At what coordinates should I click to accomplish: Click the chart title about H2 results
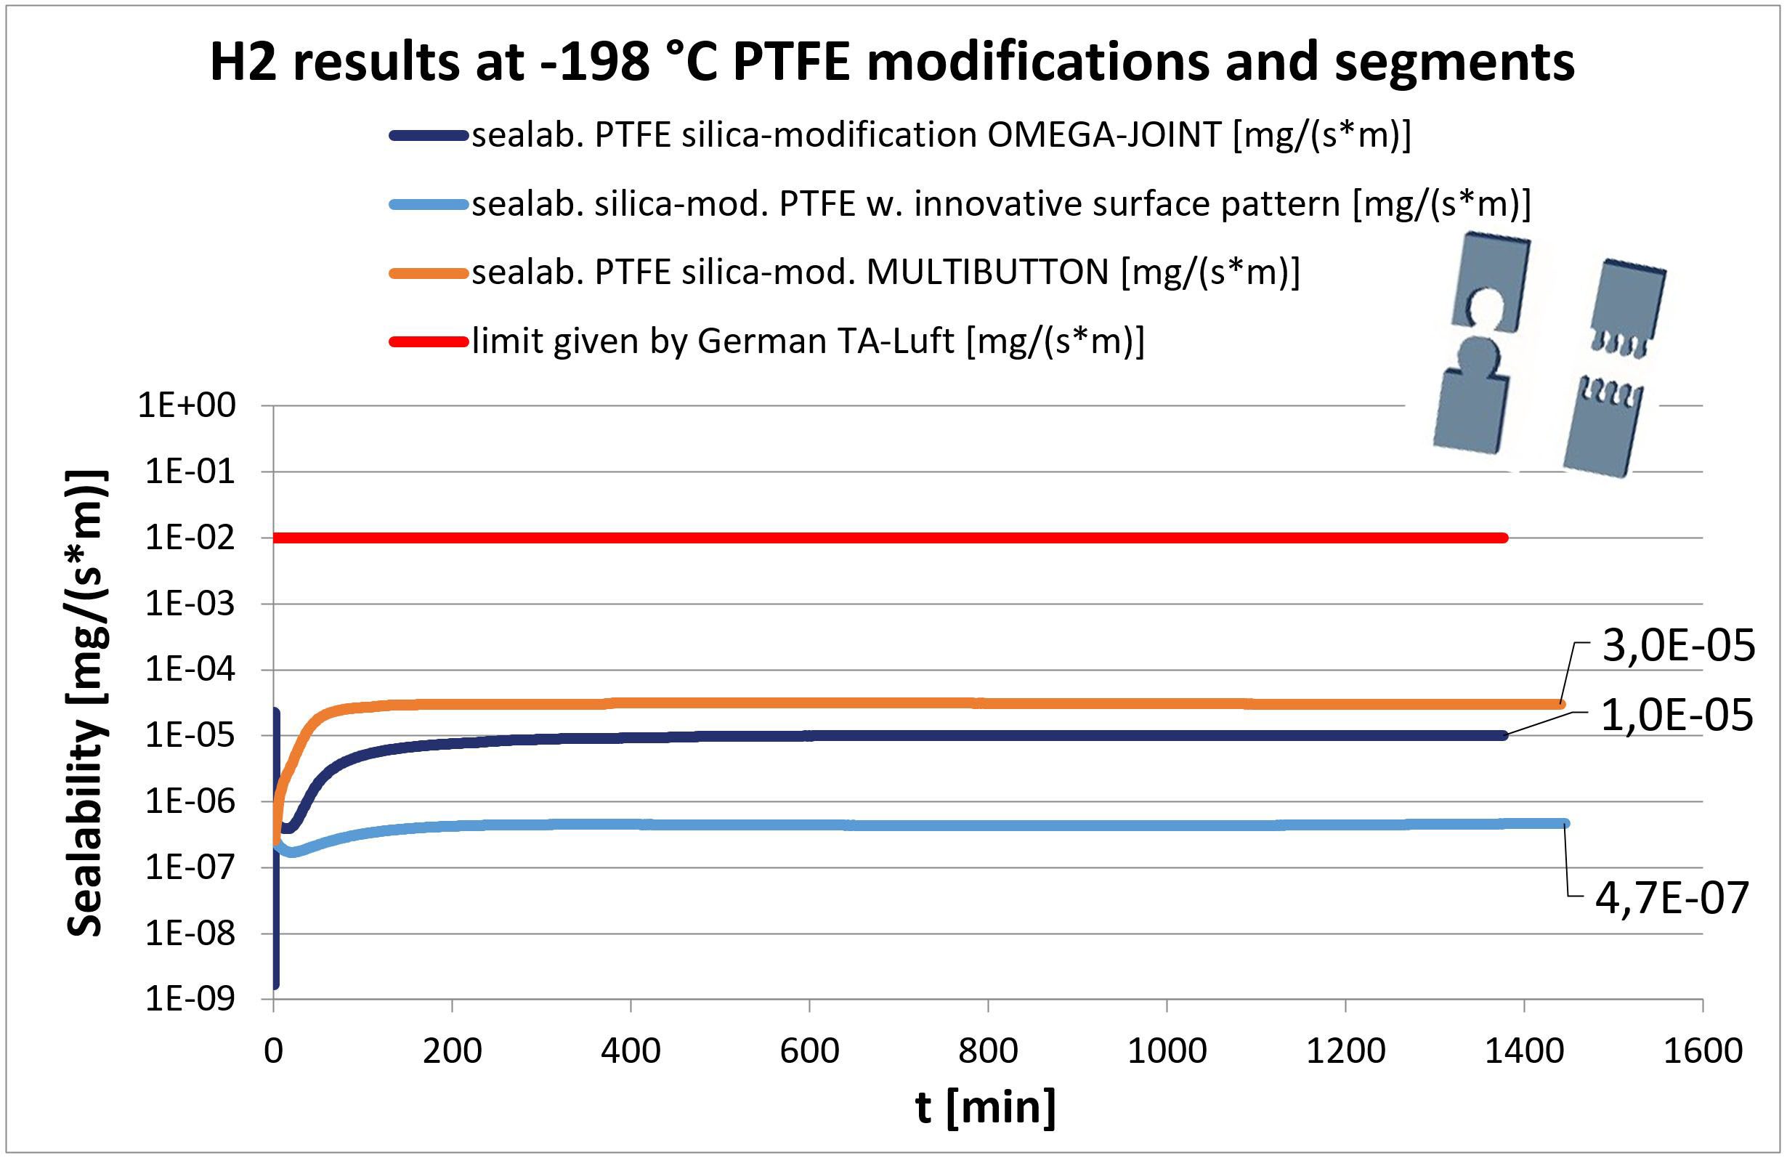(892, 62)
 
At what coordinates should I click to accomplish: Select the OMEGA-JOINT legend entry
(940, 136)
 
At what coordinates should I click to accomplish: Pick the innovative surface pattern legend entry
(1000, 204)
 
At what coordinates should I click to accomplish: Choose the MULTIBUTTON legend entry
(885, 272)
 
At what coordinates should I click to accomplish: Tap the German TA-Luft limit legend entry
(807, 341)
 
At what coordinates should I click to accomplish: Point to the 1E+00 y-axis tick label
(187, 405)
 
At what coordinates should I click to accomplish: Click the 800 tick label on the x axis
(988, 1050)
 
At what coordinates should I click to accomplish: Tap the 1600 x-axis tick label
(1703, 1050)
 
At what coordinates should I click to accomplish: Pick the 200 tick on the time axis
(452, 1050)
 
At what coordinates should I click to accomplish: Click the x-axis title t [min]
(985, 1107)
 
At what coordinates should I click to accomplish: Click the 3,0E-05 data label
(1679, 646)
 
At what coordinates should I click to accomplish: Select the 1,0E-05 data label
(1677, 715)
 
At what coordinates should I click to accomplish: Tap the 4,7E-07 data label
(1672, 898)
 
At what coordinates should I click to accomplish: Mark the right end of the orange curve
(1560, 705)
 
